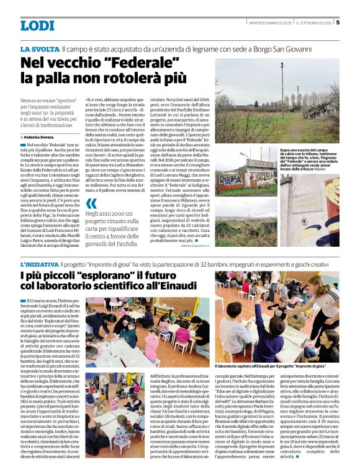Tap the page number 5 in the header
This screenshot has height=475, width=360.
coord(338,23)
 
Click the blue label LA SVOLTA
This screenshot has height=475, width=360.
coord(39,48)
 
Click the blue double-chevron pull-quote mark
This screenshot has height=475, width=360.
coord(92,203)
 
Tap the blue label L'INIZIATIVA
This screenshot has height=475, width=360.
coord(40,264)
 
